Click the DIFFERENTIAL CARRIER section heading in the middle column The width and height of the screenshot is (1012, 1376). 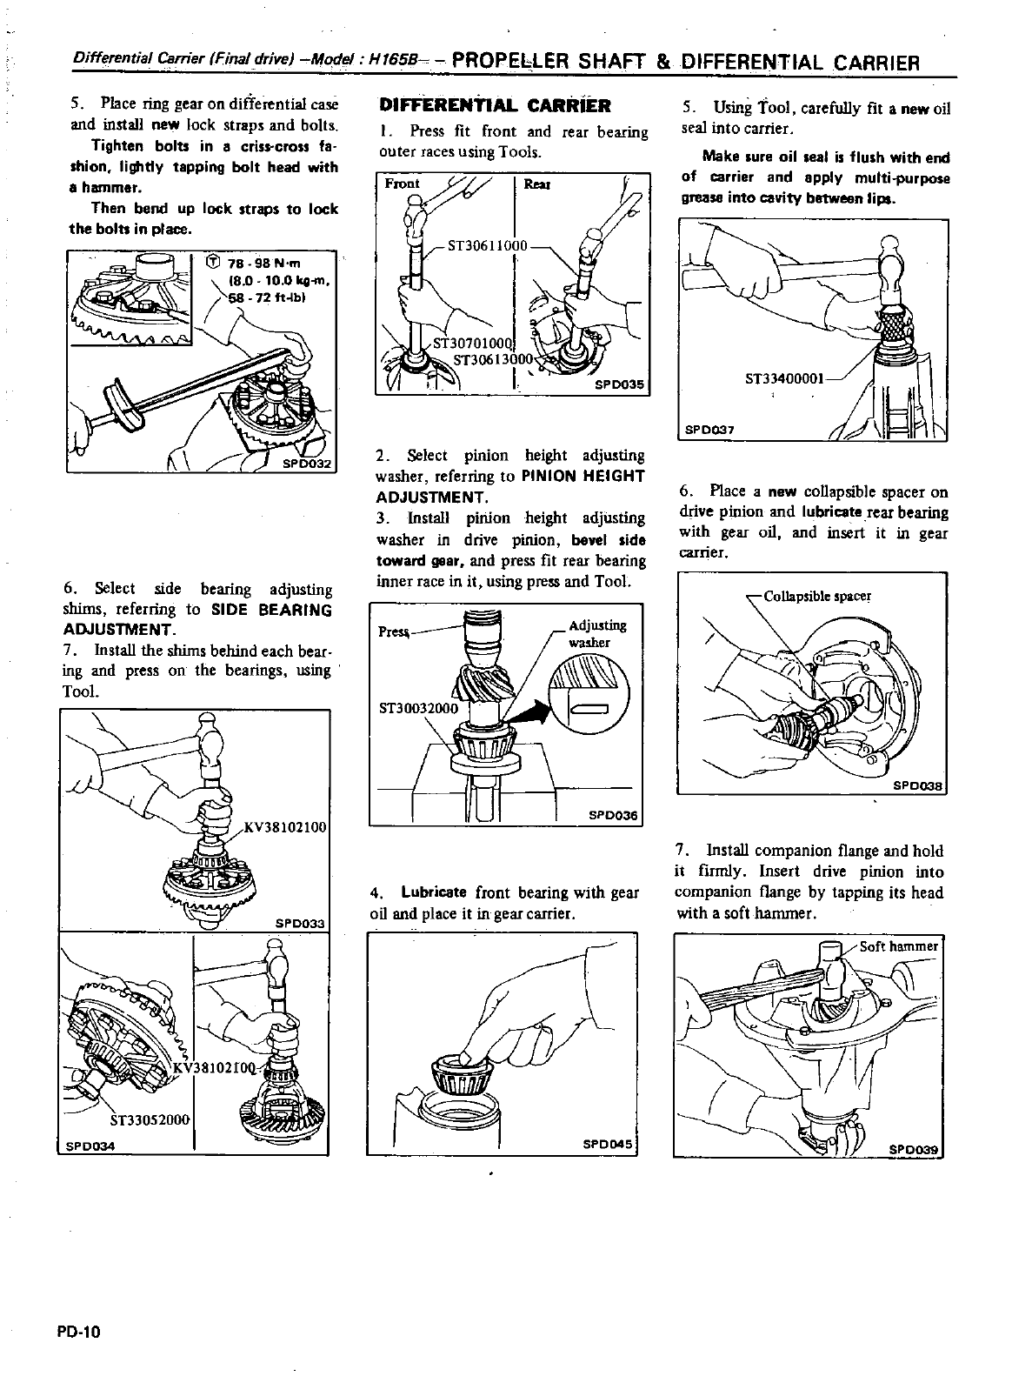click(x=496, y=106)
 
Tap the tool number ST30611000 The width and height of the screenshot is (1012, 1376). click(x=487, y=245)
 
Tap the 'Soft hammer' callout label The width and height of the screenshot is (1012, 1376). click(x=898, y=946)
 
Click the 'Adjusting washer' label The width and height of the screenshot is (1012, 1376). click(x=596, y=633)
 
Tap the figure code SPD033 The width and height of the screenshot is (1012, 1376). click(x=299, y=923)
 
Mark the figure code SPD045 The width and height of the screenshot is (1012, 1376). click(x=607, y=1143)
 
